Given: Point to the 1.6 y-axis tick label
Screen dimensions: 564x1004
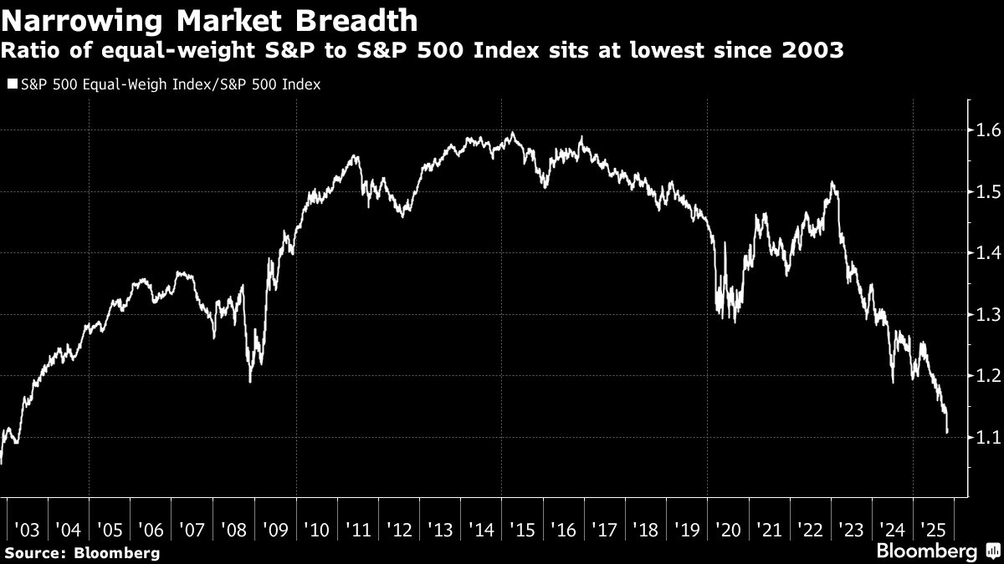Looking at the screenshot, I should (x=984, y=130).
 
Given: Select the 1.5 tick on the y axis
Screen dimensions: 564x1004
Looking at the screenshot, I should (x=984, y=192).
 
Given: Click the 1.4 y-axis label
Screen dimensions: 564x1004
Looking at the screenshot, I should (x=984, y=253).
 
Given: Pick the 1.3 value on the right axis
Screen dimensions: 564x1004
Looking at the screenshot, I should (x=984, y=315).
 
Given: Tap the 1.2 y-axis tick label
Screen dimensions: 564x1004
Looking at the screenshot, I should (x=984, y=376).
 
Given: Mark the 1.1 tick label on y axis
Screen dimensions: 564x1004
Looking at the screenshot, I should (x=984, y=438).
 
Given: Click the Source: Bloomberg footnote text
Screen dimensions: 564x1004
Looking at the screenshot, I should (x=82, y=552).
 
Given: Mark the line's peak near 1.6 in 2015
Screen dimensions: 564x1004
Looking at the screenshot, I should (x=512, y=133).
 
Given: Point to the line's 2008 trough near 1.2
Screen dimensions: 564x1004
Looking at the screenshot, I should (x=250, y=381).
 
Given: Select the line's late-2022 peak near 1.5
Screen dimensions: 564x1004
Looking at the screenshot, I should (x=832, y=182).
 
